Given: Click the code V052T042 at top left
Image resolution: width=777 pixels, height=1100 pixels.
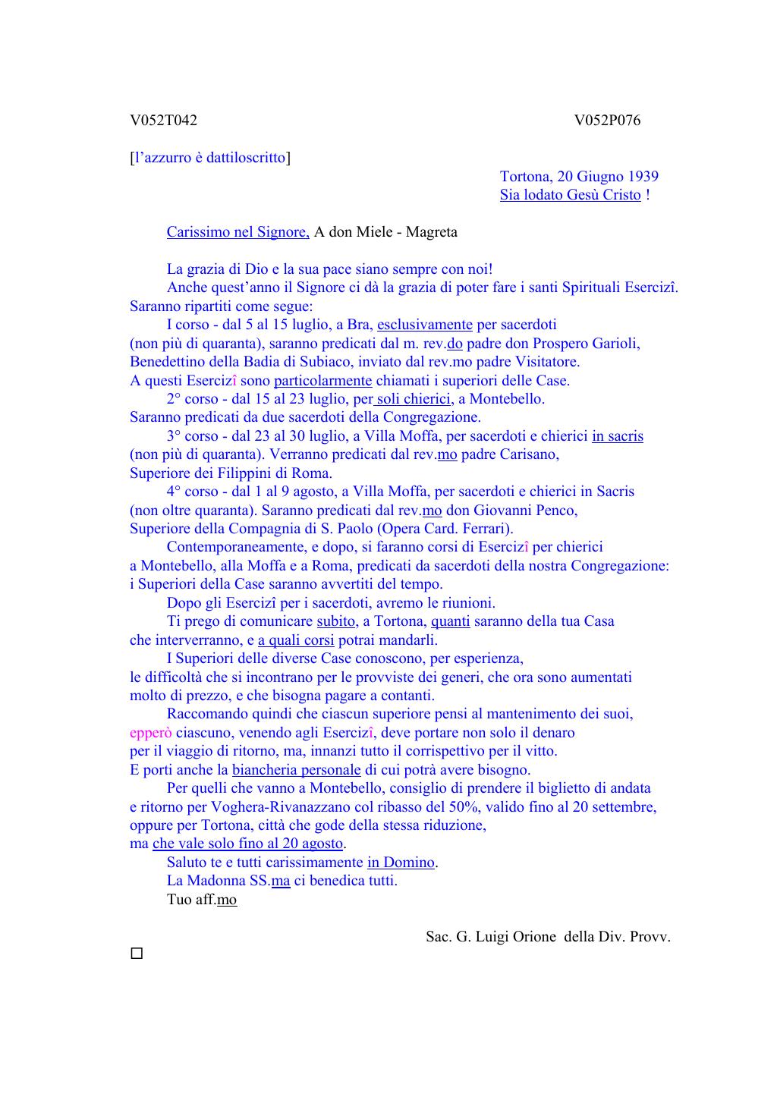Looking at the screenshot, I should coord(163,121).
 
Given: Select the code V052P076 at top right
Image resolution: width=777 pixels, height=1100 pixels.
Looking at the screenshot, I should coord(607,121).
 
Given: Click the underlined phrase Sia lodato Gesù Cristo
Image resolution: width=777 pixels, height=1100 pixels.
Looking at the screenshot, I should coord(570,195).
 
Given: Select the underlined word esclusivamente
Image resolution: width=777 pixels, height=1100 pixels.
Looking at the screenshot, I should coord(424,325).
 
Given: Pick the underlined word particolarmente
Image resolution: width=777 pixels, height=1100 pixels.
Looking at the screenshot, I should coord(322,381).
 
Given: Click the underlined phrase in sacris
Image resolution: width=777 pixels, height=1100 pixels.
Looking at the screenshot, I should coord(618,436).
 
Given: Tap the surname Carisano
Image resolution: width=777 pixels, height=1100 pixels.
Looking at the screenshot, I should coord(530,454).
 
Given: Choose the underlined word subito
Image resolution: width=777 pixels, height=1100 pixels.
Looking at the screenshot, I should coord(335,621).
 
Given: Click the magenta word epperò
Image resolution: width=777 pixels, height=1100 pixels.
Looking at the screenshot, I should coord(150,733).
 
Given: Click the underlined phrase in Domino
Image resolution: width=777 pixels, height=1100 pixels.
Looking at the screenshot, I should coord(401,863).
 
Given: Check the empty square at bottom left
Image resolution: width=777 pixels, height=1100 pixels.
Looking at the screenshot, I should coord(137,954).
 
